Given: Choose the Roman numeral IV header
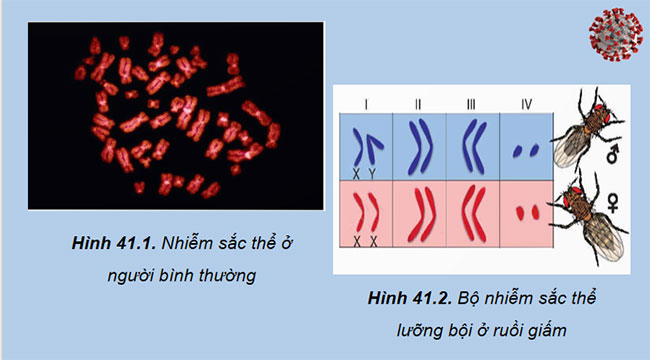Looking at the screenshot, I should coord(527,102).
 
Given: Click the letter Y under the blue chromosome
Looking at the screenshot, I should coord(372,171).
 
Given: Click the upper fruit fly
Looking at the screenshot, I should coord(587,130).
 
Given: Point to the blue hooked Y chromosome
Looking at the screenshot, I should coord(373,148).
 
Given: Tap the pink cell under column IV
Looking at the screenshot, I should coord(527,213).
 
